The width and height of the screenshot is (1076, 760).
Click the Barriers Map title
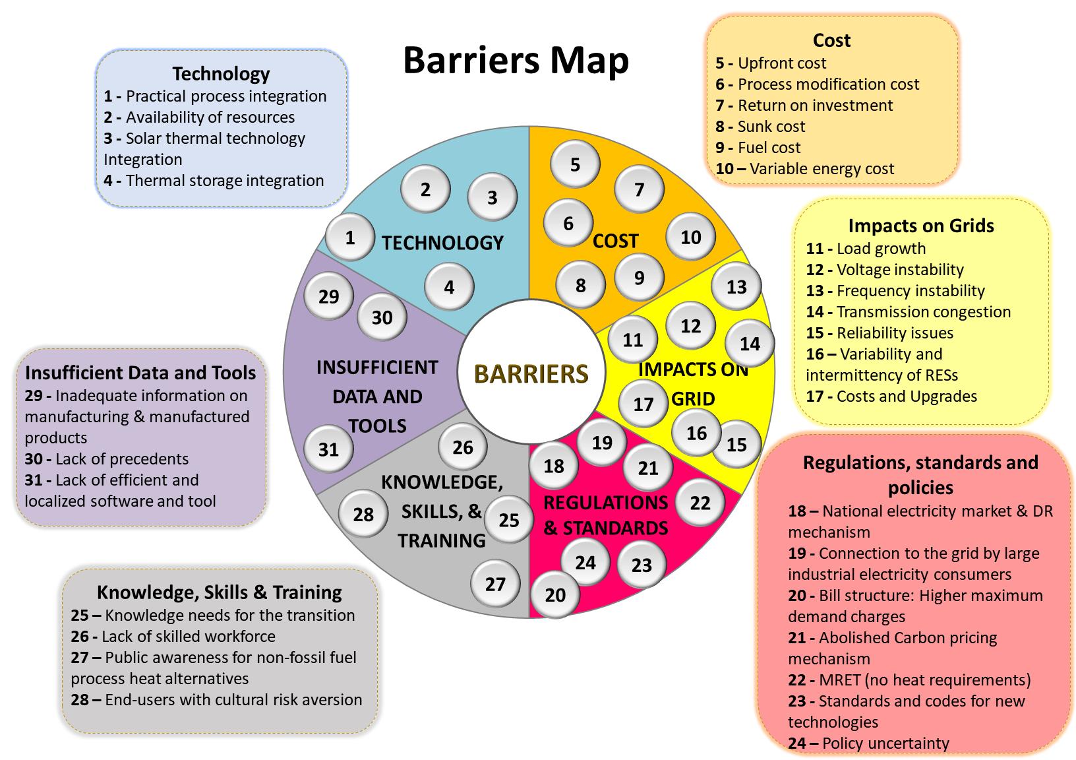pyautogui.click(x=516, y=61)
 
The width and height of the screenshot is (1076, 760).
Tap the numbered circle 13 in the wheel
pyautogui.click(x=736, y=286)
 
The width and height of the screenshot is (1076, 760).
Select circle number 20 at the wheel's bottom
pyautogui.click(x=555, y=594)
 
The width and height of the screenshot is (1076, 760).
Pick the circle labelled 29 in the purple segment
pyautogui.click(x=328, y=296)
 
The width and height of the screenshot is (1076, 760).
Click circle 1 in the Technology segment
pyautogui.click(x=349, y=237)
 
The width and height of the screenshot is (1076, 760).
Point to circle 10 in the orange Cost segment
pyautogui.click(x=690, y=237)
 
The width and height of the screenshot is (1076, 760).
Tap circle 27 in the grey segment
pyautogui.click(x=495, y=583)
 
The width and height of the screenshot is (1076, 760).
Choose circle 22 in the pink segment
pyautogui.click(x=700, y=503)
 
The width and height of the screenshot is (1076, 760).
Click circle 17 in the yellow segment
pyautogui.click(x=643, y=404)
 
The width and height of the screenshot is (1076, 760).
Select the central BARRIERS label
pyautogui.click(x=531, y=373)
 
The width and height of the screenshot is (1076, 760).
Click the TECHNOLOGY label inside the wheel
pyautogui.click(x=442, y=243)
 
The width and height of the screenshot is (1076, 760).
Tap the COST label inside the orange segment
pyautogui.click(x=615, y=241)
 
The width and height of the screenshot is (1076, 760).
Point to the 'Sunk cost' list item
pyautogui.click(x=771, y=127)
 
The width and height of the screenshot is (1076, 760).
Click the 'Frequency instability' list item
pyautogui.click(x=910, y=291)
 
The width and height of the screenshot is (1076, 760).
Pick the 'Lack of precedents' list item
pyautogui.click(x=122, y=459)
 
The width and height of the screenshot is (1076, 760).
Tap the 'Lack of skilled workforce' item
pyautogui.click(x=188, y=637)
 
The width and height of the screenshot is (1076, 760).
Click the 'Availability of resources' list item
pyautogui.click(x=210, y=117)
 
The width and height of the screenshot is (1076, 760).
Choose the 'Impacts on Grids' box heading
pyautogui.click(x=921, y=226)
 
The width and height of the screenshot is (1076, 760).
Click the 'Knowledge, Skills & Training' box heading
pyautogui.click(x=219, y=592)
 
